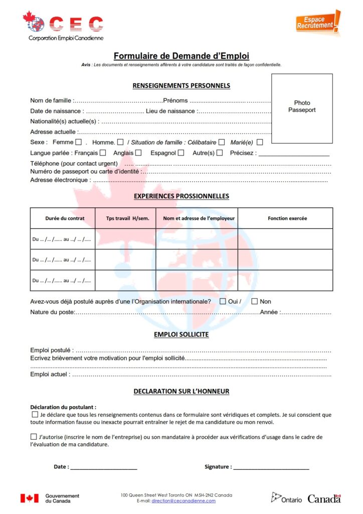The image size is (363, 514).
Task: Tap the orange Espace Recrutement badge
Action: click(x=317, y=22)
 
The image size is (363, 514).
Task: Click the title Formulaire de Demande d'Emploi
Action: click(x=181, y=56)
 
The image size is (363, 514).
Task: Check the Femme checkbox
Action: click(x=78, y=143)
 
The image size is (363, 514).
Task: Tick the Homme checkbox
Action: click(x=120, y=143)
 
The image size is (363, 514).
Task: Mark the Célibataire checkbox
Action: click(x=222, y=143)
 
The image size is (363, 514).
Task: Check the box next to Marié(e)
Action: click(x=260, y=143)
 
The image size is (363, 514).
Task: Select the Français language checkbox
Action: click(x=103, y=153)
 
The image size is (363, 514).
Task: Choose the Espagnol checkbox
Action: click(x=180, y=153)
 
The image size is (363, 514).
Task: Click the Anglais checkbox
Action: click(x=138, y=153)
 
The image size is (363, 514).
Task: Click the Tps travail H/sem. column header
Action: click(x=127, y=218)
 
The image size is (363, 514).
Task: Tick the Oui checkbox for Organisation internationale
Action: click(x=223, y=301)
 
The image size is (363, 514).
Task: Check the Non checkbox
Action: click(x=254, y=301)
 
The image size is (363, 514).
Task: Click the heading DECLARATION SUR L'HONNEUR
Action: click(x=181, y=392)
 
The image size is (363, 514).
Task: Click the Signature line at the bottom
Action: click(x=271, y=467)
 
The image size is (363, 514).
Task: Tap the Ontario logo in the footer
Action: click(x=287, y=498)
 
